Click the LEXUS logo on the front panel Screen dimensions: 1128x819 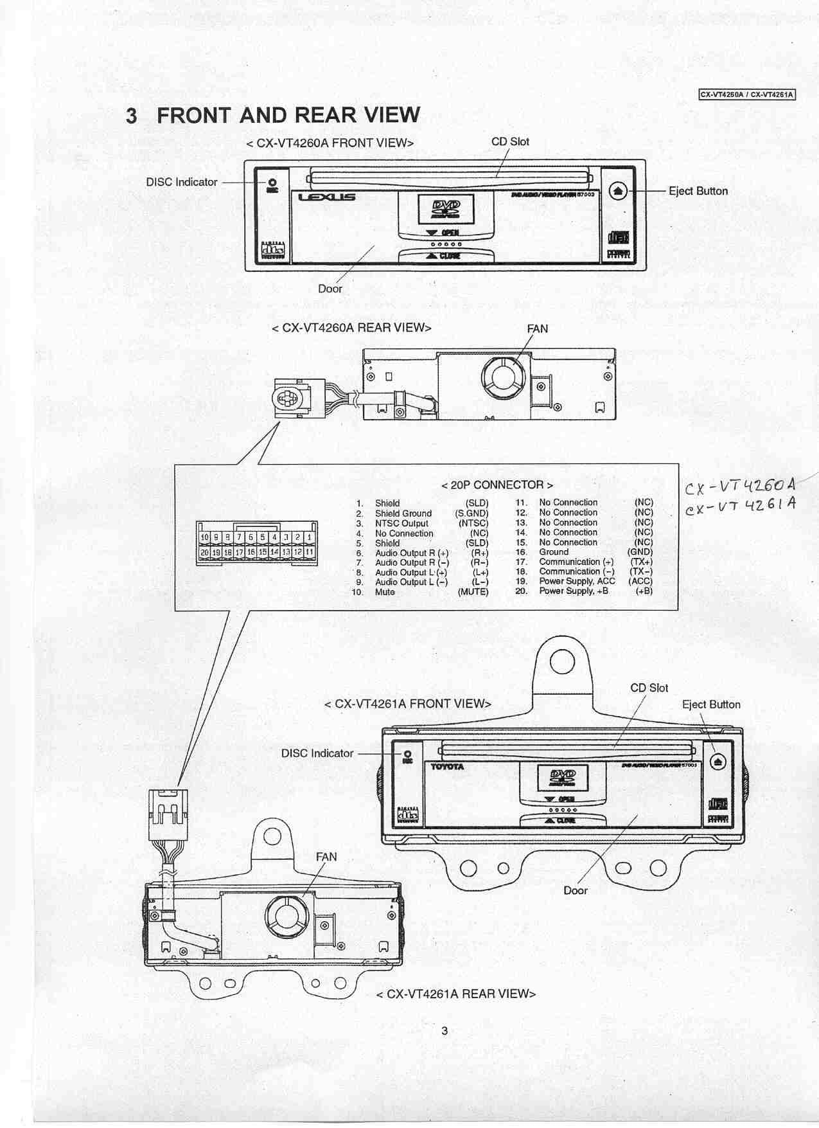(x=326, y=198)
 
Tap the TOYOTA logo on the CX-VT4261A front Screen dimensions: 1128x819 (x=447, y=767)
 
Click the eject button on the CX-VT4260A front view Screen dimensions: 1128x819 (x=617, y=191)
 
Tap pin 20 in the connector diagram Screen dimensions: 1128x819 (x=204, y=552)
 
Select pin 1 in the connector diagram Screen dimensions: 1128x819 (x=309, y=537)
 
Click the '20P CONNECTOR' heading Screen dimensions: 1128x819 (x=497, y=485)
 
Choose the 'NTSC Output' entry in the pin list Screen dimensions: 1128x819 (x=401, y=523)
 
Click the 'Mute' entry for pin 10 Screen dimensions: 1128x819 (x=385, y=592)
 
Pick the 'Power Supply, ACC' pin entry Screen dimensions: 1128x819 (x=577, y=581)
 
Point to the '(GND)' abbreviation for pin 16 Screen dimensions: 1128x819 (x=640, y=552)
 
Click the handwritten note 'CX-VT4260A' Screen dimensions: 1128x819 (x=740, y=487)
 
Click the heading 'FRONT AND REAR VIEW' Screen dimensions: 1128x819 (x=288, y=115)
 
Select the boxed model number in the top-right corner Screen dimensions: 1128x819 (x=747, y=94)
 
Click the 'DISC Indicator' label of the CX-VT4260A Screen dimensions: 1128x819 (x=182, y=182)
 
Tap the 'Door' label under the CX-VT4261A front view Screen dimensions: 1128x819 (x=576, y=890)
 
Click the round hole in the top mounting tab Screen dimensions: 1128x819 (x=562, y=661)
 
